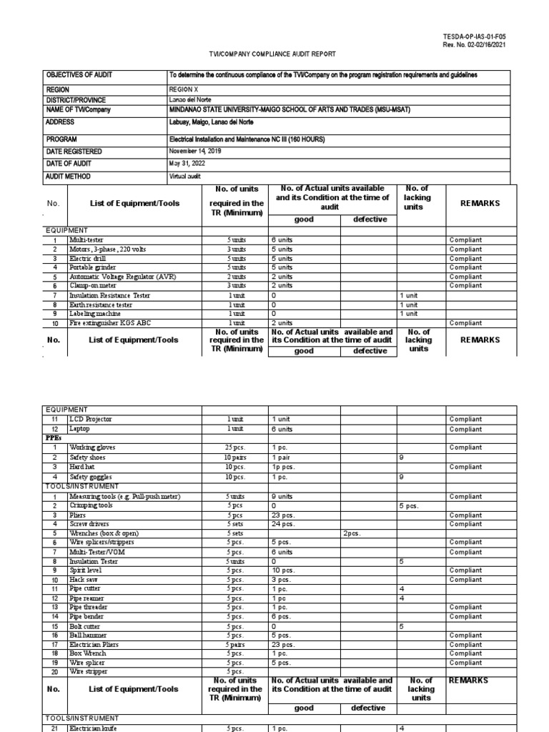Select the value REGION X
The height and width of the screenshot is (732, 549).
coord(184,89)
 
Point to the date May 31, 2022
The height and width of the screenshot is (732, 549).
coord(187,164)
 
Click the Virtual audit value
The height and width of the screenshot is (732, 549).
coord(186,176)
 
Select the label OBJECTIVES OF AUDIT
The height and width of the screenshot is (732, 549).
coord(79,75)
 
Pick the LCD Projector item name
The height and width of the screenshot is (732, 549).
coord(91,419)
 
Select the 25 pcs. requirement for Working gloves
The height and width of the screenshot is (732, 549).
coord(234,447)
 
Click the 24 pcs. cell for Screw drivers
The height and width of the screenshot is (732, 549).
coord(283,524)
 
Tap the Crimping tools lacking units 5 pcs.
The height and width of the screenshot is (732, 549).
coord(410,505)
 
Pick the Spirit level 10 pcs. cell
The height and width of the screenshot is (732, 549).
coord(284,570)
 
